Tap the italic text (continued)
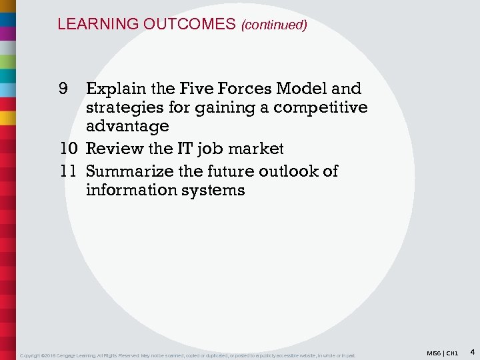(x=274, y=25)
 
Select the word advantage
(x=127, y=126)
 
